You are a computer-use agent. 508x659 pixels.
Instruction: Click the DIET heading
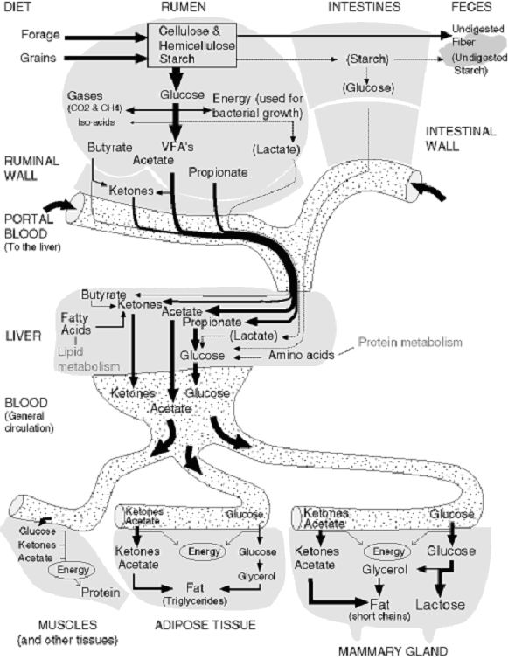(17, 7)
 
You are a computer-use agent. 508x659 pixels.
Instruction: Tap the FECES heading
(471, 7)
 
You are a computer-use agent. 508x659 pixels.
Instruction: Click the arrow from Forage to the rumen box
(106, 38)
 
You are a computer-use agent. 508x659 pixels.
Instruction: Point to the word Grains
(38, 58)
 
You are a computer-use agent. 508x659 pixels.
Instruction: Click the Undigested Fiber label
(477, 35)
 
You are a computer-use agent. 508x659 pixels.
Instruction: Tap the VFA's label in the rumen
(177, 146)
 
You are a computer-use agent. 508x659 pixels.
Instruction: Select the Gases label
(85, 96)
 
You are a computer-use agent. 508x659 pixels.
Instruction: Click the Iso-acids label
(96, 122)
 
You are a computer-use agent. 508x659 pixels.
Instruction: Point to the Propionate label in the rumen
(219, 172)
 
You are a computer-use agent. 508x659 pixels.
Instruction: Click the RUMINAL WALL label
(31, 168)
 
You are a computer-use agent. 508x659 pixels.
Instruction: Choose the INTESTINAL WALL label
(461, 138)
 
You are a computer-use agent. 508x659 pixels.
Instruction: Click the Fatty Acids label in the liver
(76, 323)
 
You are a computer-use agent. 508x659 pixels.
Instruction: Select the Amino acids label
(301, 355)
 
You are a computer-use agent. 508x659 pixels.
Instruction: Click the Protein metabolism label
(410, 342)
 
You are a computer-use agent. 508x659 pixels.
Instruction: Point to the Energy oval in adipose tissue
(204, 551)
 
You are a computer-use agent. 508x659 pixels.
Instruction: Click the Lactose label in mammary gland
(441, 605)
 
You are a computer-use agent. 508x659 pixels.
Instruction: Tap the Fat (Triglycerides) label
(195, 593)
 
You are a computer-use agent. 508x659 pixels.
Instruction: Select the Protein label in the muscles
(101, 593)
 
